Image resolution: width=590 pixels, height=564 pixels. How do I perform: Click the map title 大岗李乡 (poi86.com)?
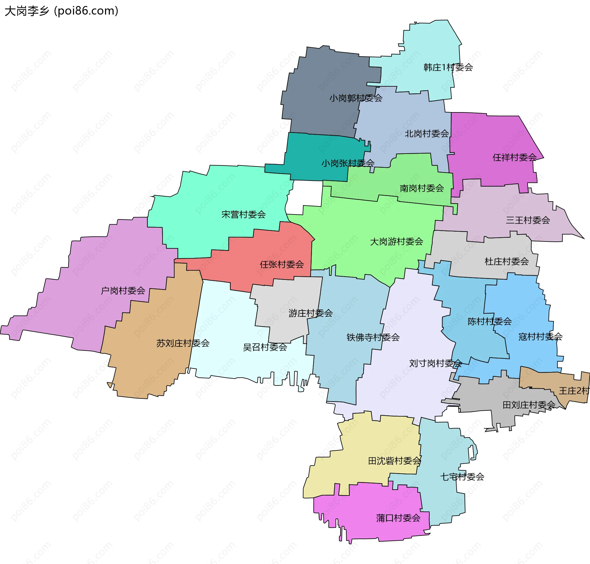61,11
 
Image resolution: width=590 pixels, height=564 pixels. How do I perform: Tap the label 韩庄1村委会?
448,67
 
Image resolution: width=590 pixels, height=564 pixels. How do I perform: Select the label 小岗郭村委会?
356,98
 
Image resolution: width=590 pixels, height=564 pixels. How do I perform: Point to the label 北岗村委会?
427,134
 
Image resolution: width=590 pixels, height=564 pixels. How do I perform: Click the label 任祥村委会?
514,158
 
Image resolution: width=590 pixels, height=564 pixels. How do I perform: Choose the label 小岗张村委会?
348,163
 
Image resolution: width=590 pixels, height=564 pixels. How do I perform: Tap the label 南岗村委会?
422,188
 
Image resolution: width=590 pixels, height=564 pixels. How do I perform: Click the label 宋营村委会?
243,214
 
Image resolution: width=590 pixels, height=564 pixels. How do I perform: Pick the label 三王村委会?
528,220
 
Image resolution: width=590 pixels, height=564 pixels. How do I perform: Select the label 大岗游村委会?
396,242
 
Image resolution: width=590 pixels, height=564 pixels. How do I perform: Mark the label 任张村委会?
281,264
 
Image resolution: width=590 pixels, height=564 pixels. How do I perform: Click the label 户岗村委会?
123,291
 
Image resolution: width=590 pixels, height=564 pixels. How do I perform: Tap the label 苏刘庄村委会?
183,343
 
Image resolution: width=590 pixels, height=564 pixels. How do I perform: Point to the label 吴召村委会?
265,347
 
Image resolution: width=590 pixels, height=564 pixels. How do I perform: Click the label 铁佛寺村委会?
373,337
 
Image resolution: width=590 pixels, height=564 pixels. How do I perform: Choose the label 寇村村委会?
540,337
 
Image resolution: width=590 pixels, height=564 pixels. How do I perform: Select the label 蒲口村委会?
398,518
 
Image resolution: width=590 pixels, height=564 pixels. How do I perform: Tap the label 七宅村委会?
462,477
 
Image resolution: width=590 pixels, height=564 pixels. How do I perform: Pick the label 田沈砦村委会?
394,461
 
